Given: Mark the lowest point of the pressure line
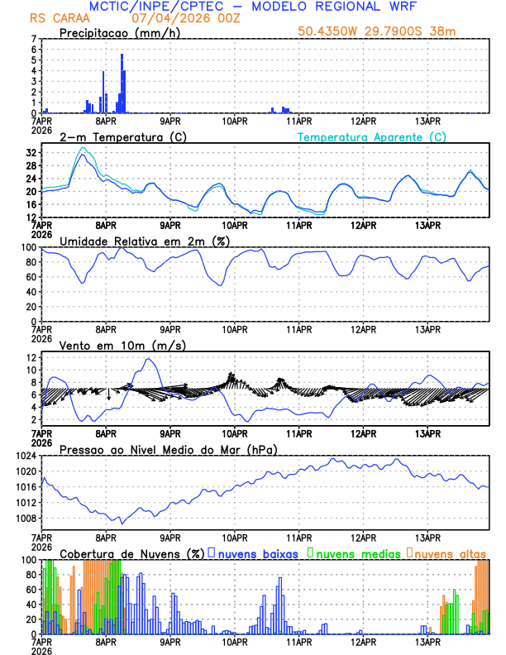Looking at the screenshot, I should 122,524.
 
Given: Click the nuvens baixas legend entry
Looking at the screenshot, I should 256,552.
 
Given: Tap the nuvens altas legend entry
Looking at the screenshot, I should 450,552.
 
